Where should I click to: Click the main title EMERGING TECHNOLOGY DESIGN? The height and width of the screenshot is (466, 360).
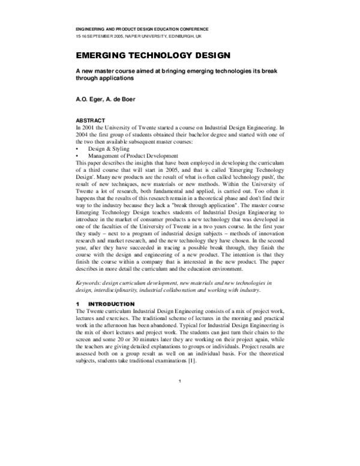pyautogui.click(x=152, y=56)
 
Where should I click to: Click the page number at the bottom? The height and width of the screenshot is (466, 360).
pyautogui.click(x=180, y=382)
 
